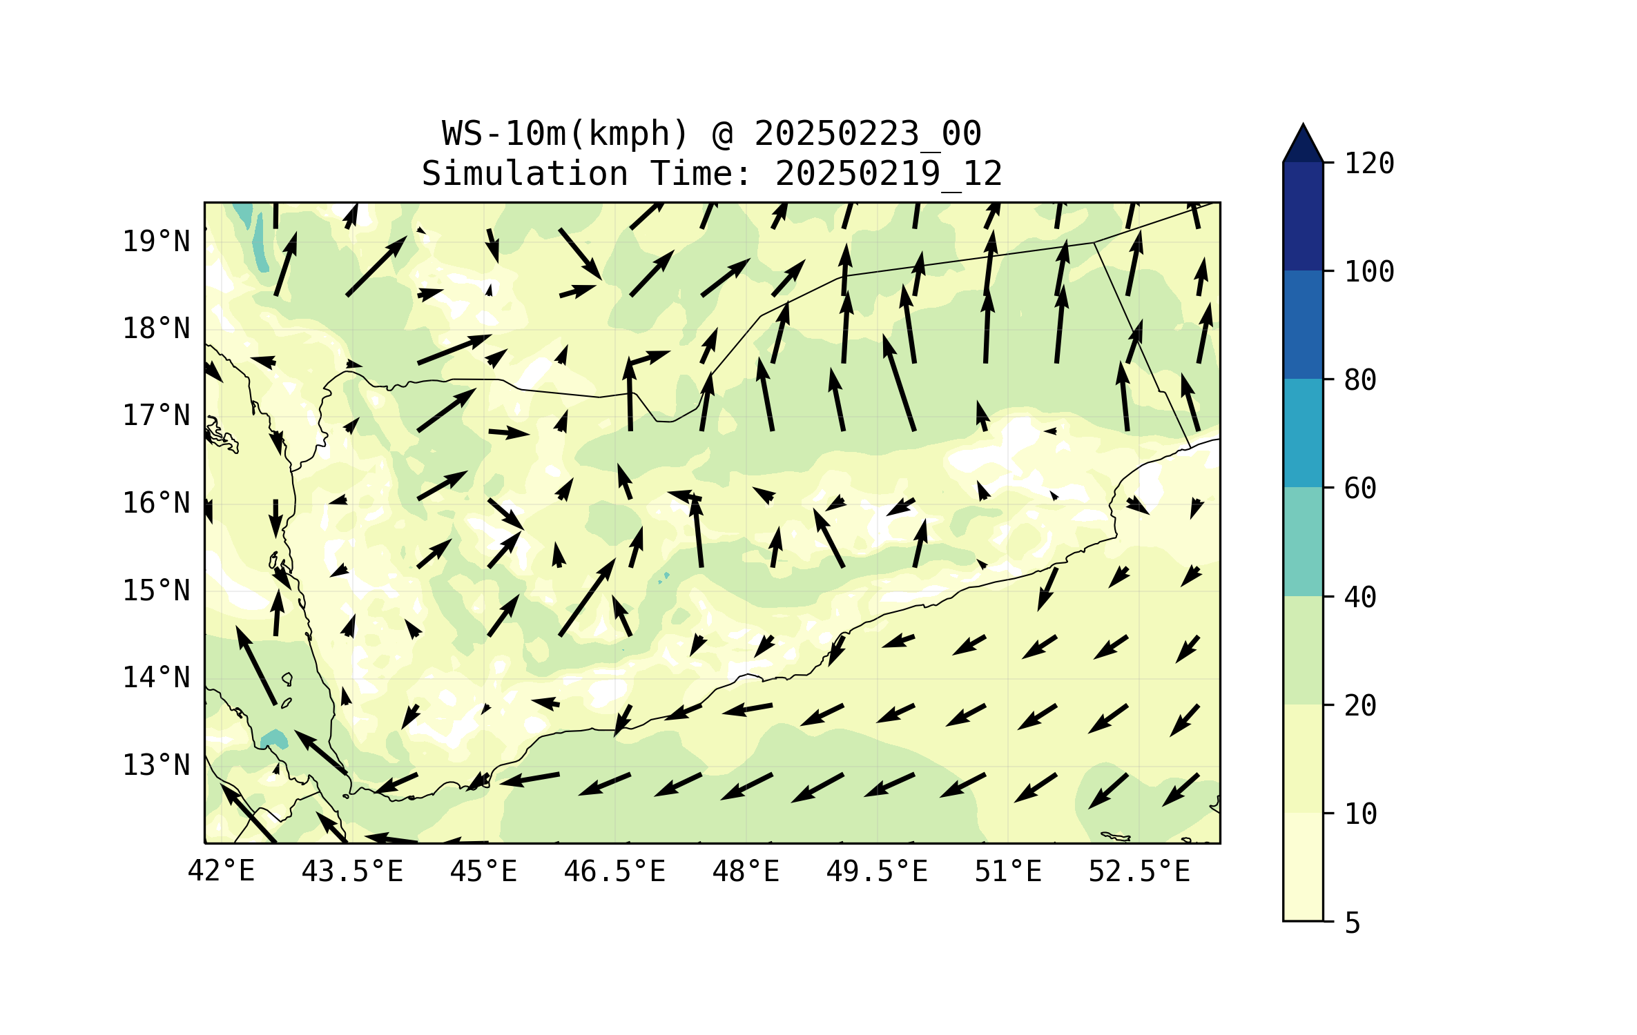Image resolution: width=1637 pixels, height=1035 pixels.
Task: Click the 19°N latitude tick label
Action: click(156, 241)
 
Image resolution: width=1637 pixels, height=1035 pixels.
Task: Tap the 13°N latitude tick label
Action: click(156, 765)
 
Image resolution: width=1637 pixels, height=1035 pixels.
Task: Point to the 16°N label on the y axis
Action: click(156, 503)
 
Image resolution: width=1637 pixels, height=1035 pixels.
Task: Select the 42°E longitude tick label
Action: click(221, 871)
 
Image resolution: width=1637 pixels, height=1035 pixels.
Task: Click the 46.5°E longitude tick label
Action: click(614, 871)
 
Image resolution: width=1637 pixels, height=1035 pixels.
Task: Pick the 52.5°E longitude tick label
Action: click(1139, 871)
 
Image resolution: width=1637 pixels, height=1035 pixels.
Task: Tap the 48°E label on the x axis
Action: click(746, 871)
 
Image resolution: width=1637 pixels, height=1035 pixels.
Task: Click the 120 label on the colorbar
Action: click(1369, 164)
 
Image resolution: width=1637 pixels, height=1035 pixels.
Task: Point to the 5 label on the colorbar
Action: click(1353, 923)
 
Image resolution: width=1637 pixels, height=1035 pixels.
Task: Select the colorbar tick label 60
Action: click(1360, 489)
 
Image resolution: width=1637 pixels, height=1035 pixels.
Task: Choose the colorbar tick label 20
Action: click(1360, 705)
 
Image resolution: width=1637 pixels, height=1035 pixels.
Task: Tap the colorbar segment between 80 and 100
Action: click(1303, 324)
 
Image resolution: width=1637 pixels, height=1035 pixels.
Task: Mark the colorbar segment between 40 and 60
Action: click(1303, 542)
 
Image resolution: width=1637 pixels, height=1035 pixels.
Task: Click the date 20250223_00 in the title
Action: click(867, 134)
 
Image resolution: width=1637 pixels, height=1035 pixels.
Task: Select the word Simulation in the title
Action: click(525, 174)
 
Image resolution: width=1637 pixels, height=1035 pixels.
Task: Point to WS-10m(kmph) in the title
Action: click(565, 134)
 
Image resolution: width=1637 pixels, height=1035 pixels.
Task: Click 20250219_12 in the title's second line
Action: click(889, 174)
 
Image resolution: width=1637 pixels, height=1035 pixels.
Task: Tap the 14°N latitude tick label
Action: click(156, 678)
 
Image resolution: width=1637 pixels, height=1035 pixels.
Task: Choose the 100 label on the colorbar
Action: click(1369, 272)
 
